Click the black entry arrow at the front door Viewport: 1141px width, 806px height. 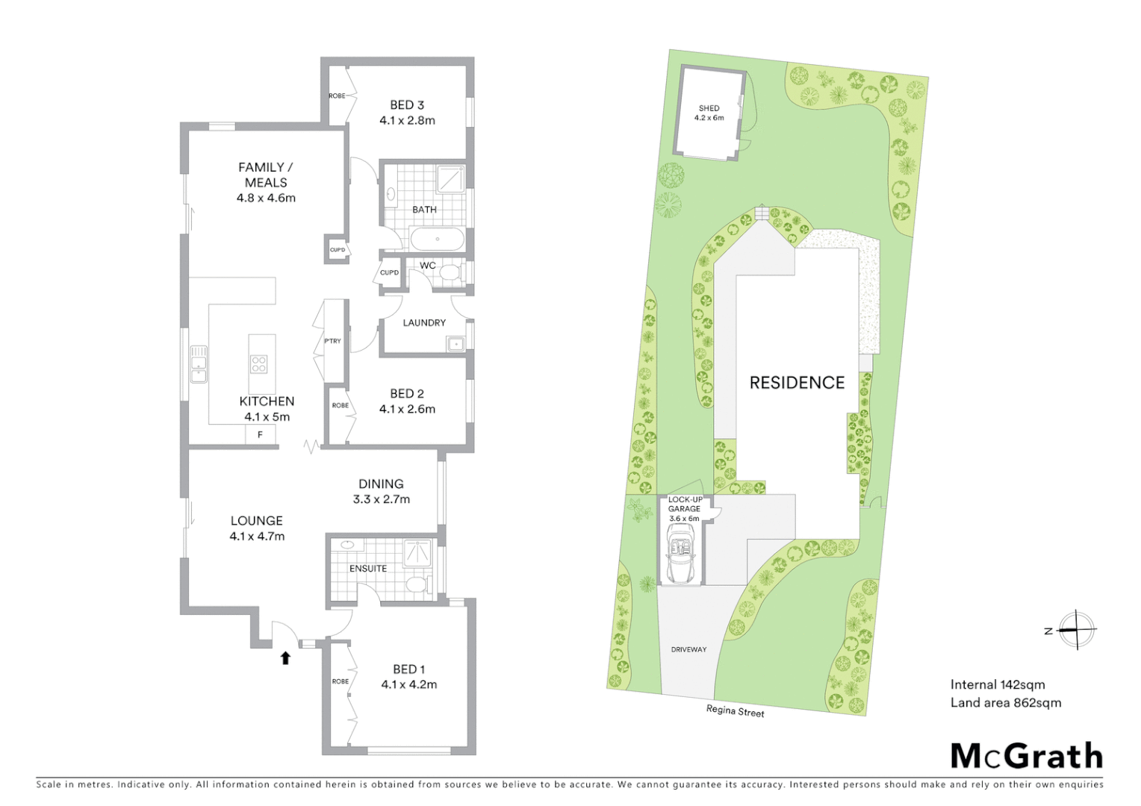(285, 657)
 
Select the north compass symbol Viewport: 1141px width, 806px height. (1076, 630)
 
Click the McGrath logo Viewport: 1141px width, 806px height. (1026, 756)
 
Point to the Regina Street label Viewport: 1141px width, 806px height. (735, 711)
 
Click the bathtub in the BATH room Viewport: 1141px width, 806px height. (437, 240)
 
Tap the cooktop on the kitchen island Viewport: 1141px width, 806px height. (258, 364)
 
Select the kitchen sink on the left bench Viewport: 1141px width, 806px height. (198, 363)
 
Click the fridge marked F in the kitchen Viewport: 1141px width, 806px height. (260, 434)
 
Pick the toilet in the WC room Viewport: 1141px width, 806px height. (449, 273)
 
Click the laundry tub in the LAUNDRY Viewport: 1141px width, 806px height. (455, 343)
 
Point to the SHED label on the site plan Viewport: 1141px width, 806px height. (709, 108)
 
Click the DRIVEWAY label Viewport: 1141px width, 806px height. (688, 649)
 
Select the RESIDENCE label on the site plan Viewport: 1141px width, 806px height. (797, 383)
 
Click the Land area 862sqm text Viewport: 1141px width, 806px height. (1005, 702)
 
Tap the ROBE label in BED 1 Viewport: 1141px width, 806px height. (341, 681)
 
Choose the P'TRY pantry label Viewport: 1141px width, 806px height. (332, 341)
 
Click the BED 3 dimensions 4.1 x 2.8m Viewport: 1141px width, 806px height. (407, 120)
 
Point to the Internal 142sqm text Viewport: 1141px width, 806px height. (997, 684)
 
